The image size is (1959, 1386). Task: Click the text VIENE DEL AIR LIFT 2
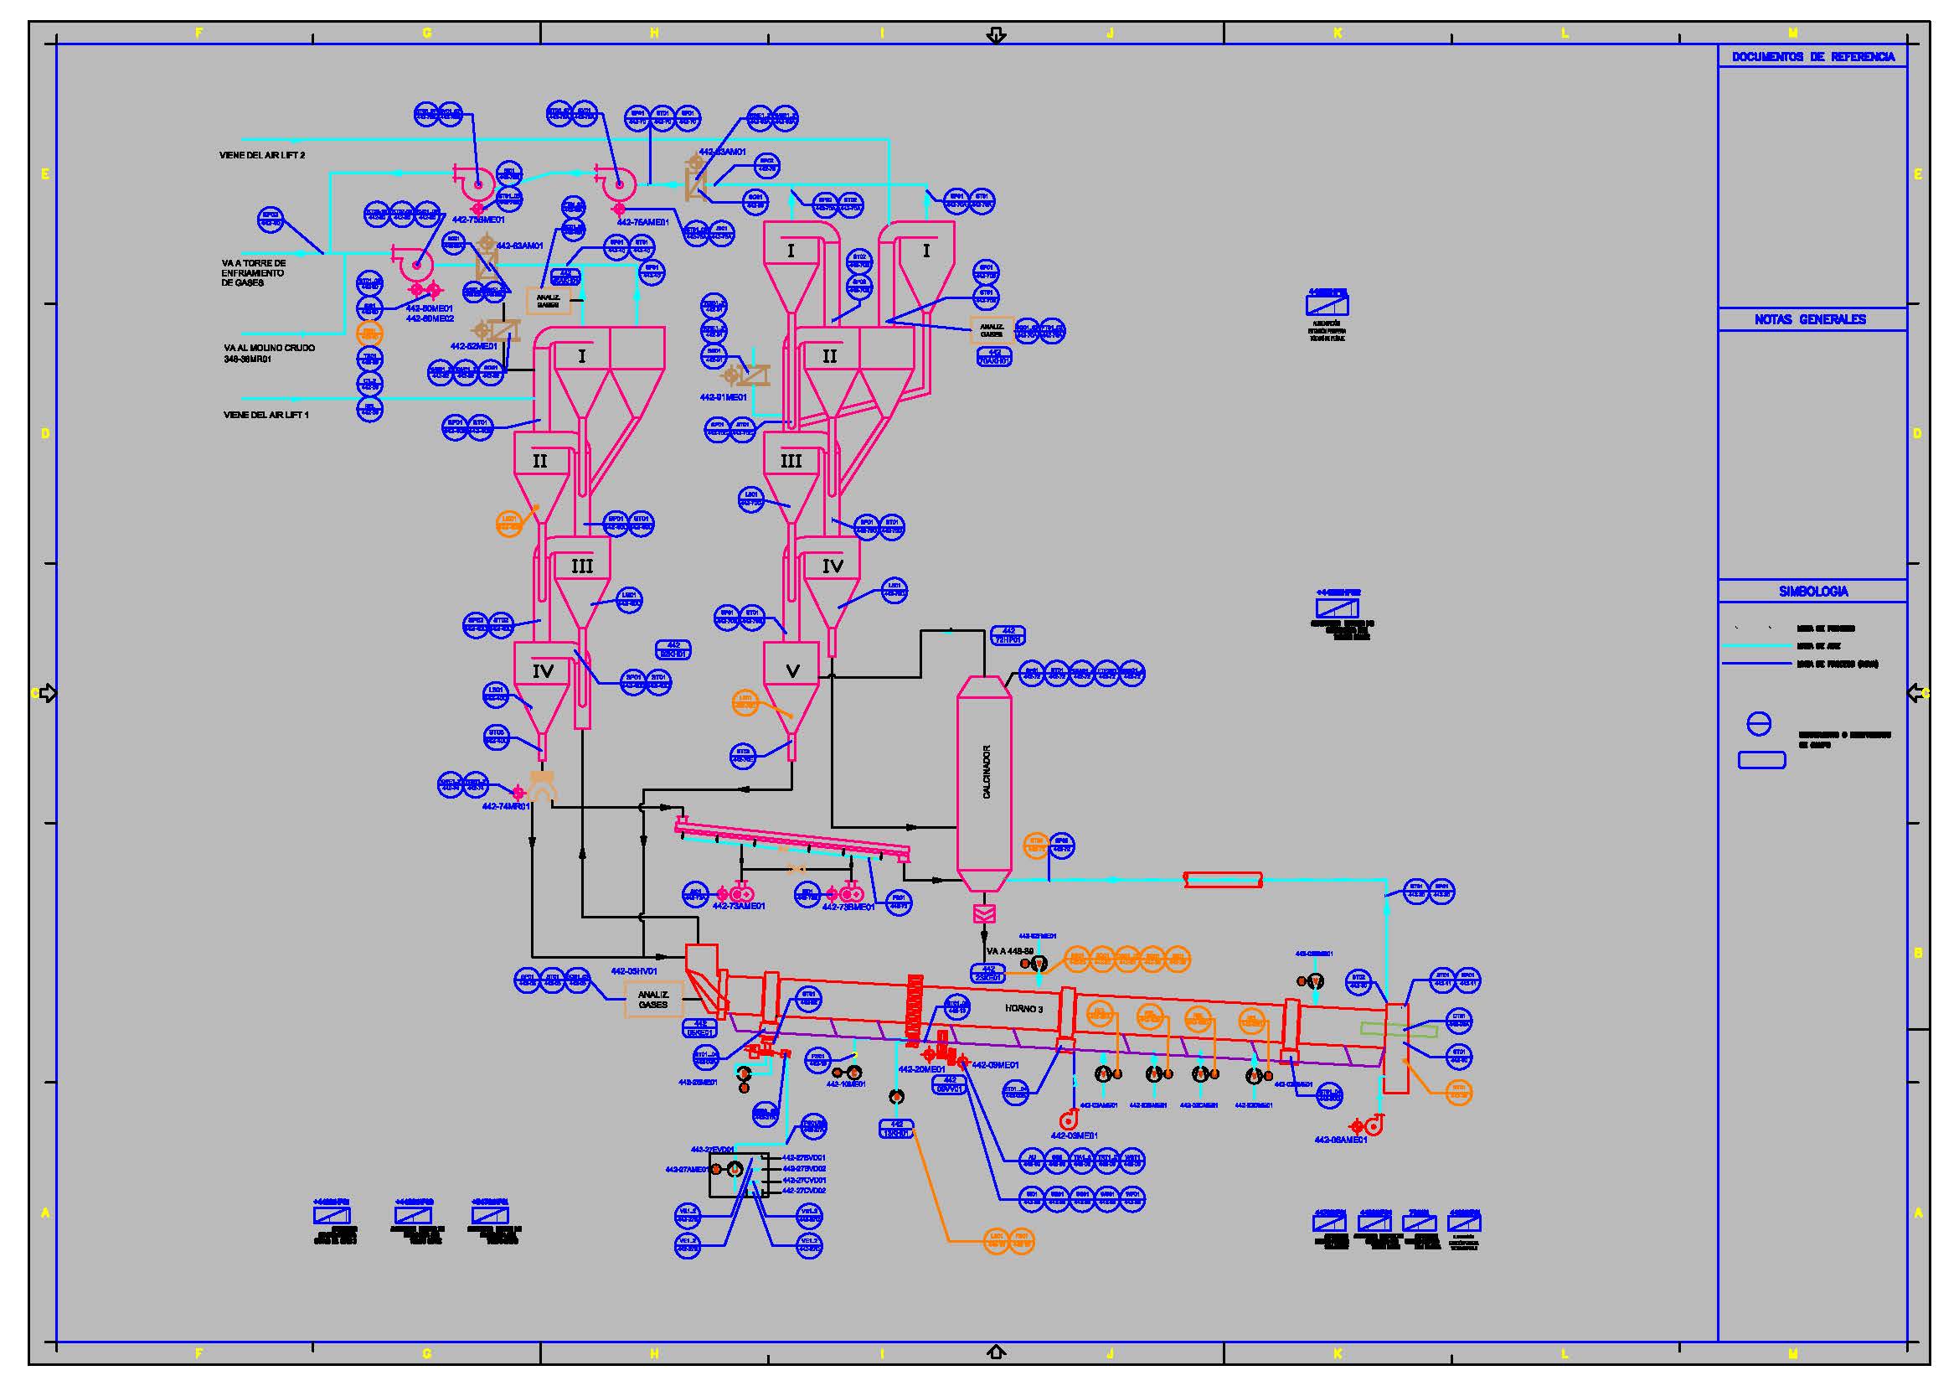coord(261,155)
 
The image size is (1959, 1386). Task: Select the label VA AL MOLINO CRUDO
coord(269,349)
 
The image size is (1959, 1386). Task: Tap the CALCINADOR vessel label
coord(987,772)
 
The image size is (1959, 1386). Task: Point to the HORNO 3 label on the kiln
coord(1023,1009)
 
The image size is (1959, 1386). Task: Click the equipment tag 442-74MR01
coord(505,806)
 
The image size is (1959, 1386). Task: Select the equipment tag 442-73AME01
coord(738,907)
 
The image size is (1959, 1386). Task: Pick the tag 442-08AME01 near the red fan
coord(1340,1140)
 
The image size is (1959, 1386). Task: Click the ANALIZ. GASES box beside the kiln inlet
coord(652,1000)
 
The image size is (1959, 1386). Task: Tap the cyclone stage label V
coord(791,671)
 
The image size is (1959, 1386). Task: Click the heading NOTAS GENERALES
coord(1810,319)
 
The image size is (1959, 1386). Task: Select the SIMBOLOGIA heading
coord(1813,591)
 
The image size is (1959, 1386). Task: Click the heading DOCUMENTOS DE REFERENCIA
coord(1813,56)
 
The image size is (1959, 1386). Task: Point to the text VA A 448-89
coord(1009,951)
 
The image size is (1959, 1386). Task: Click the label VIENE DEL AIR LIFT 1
coord(265,415)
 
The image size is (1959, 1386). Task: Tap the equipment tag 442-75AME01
coord(642,223)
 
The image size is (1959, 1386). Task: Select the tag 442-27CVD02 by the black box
coord(804,1191)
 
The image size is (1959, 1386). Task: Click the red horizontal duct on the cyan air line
coord(1223,880)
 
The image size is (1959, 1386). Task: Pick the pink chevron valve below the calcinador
coord(984,914)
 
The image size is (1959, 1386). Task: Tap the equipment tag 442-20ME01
coord(920,1069)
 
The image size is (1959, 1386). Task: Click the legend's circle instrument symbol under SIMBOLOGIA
coord(1759,725)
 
